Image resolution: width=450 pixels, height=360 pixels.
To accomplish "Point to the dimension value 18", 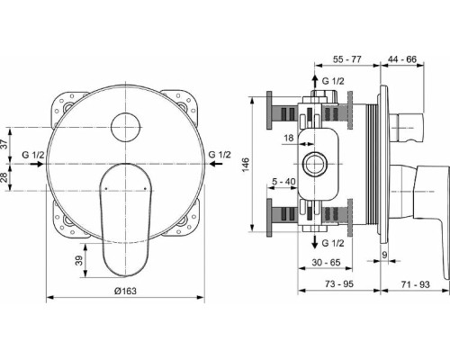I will (x=288, y=138).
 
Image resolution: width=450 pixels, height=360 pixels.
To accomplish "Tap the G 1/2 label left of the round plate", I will (x=34, y=155).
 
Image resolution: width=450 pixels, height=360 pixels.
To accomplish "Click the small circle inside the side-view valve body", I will (x=317, y=163).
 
